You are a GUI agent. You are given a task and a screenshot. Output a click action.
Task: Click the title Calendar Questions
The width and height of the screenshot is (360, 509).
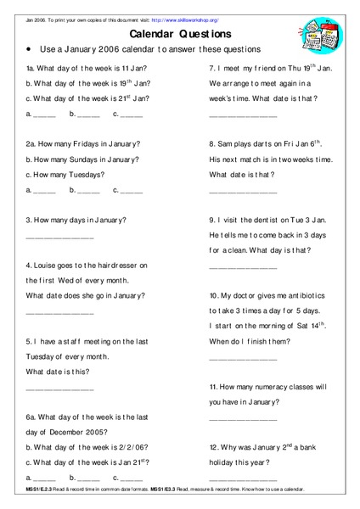click(x=180, y=35)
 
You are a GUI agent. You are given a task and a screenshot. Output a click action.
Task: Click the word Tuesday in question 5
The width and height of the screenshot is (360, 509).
click(x=46, y=355)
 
